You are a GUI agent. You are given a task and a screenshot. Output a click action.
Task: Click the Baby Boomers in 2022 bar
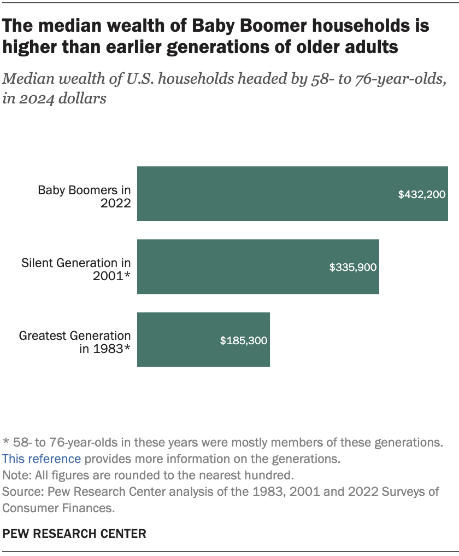pyautogui.click(x=292, y=194)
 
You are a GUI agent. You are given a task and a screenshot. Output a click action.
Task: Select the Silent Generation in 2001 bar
pyautogui.click(x=258, y=267)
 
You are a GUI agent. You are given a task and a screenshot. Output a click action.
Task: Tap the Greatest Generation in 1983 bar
pyautogui.click(x=203, y=339)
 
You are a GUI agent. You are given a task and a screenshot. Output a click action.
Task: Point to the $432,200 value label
pyautogui.click(x=422, y=194)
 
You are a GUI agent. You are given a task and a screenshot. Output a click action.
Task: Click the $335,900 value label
pyautogui.click(x=353, y=267)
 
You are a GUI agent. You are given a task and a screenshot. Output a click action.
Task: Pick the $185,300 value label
pyautogui.click(x=244, y=340)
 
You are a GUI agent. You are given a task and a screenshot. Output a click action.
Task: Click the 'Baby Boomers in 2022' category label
pyautogui.click(x=84, y=197)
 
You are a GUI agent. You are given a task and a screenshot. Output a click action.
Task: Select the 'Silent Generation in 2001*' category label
pyautogui.click(x=76, y=270)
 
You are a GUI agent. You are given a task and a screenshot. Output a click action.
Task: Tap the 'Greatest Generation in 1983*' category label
pyautogui.click(x=75, y=343)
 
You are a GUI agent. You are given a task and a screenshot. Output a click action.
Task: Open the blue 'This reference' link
pyautogui.click(x=42, y=459)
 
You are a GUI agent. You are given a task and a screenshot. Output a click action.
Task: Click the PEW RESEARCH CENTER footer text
pyautogui.click(x=74, y=534)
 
